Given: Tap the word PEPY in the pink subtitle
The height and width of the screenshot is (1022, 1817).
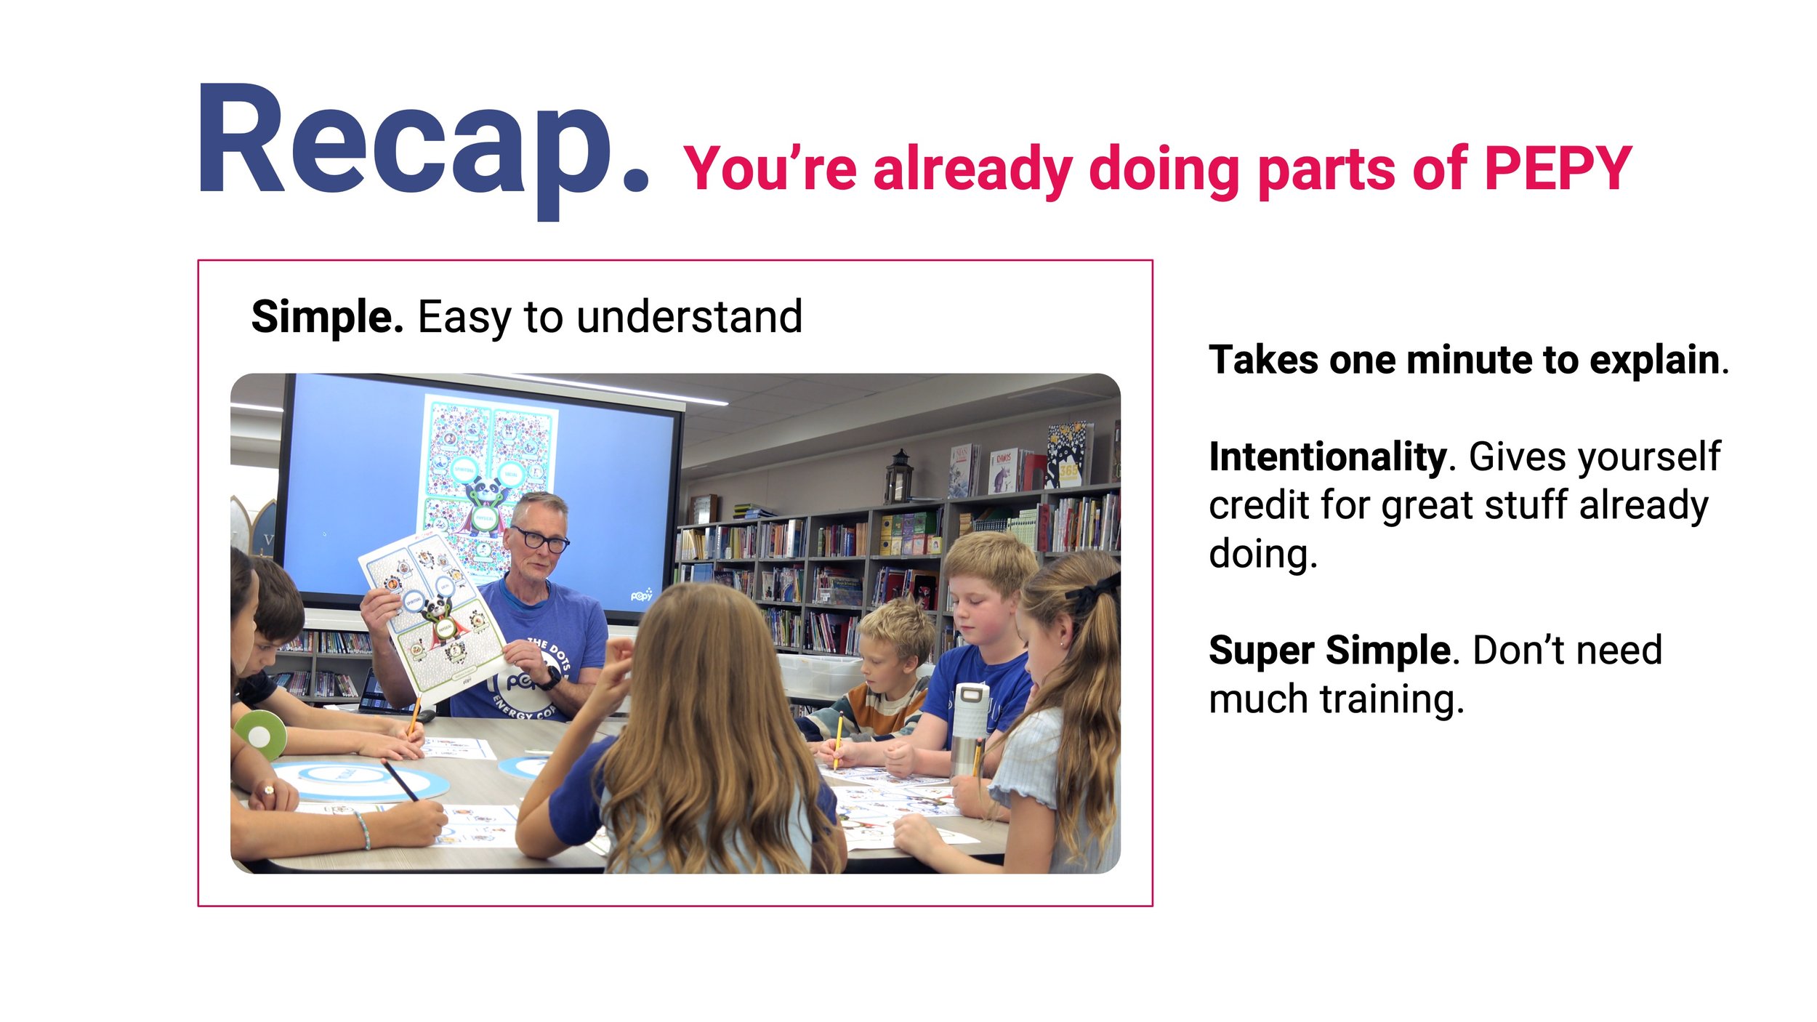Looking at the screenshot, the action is tap(1558, 169).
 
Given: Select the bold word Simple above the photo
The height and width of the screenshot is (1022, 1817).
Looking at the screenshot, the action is tap(327, 317).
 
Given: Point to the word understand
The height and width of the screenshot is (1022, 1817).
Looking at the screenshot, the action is tap(689, 317).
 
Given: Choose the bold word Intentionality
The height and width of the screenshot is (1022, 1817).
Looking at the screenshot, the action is tap(1328, 457).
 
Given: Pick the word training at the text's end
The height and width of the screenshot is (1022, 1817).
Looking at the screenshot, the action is tap(1392, 700).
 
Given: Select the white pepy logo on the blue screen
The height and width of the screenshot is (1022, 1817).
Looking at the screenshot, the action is tap(641, 595).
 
